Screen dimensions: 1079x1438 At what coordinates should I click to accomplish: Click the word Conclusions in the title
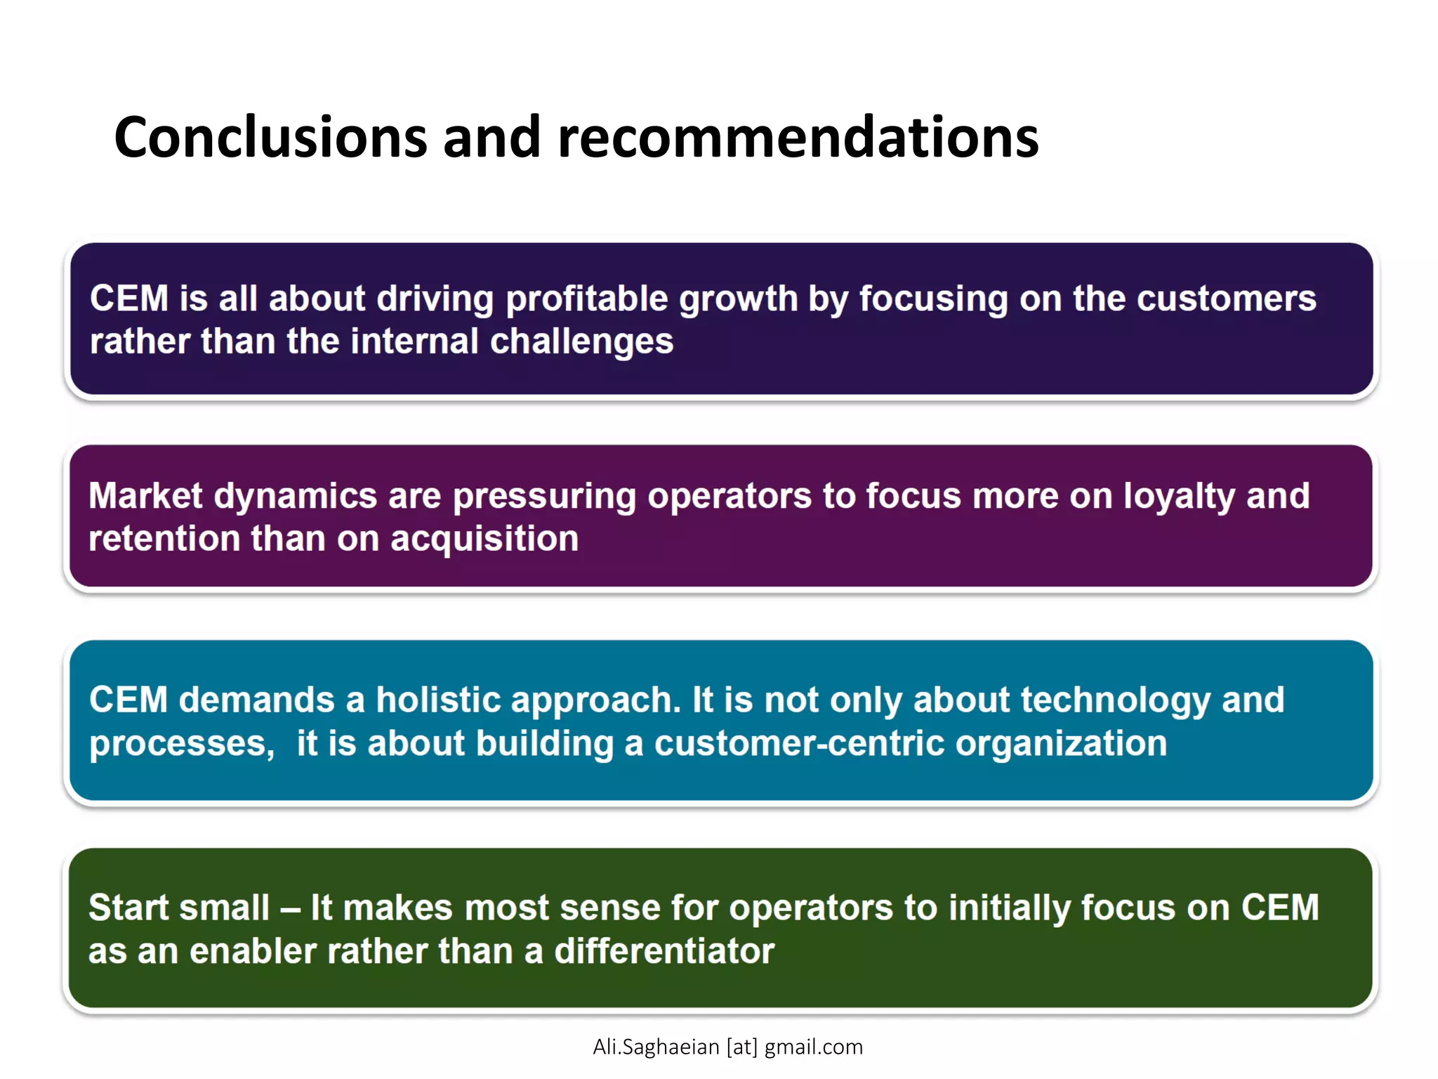point(270,138)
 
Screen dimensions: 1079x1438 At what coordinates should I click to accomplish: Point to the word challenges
point(581,342)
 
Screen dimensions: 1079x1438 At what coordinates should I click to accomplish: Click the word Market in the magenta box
point(145,496)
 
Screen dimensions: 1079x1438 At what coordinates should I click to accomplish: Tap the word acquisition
point(484,539)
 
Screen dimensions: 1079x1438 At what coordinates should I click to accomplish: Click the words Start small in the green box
point(178,908)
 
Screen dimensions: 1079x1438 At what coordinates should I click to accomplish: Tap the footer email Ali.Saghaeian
point(656,1047)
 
